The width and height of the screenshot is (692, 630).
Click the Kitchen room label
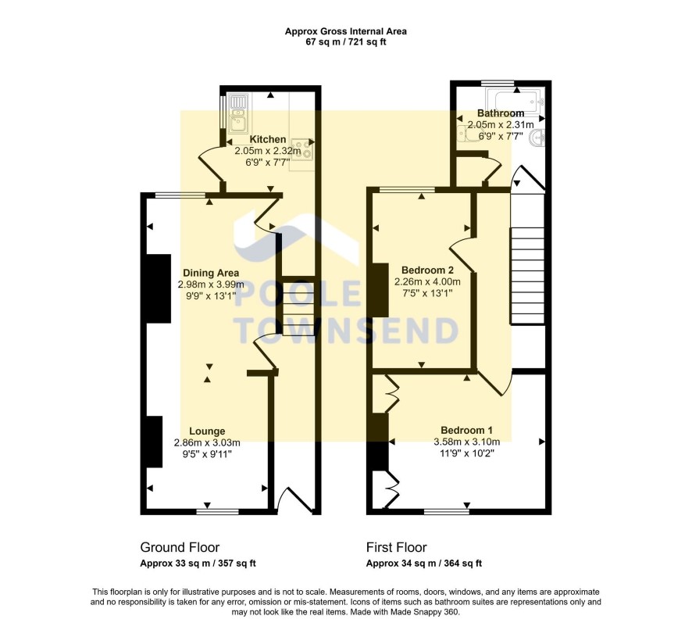267,139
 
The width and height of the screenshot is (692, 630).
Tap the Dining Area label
211,273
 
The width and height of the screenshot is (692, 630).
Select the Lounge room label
207,431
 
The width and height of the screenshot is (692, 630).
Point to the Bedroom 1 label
466,431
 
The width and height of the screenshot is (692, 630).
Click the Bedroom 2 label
427,270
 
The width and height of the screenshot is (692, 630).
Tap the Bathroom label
501,113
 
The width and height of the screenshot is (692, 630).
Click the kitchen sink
238,113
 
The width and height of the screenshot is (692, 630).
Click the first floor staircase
527,276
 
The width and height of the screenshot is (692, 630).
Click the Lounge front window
217,512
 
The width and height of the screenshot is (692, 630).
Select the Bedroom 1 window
447,512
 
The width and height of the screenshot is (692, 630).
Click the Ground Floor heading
180,547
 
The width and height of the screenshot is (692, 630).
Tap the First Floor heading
396,547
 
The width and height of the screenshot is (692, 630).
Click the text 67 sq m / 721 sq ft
346,42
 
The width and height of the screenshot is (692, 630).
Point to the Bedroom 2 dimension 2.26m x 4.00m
427,281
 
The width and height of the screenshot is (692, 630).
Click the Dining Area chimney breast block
159,289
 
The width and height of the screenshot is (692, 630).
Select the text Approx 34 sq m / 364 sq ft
423,564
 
